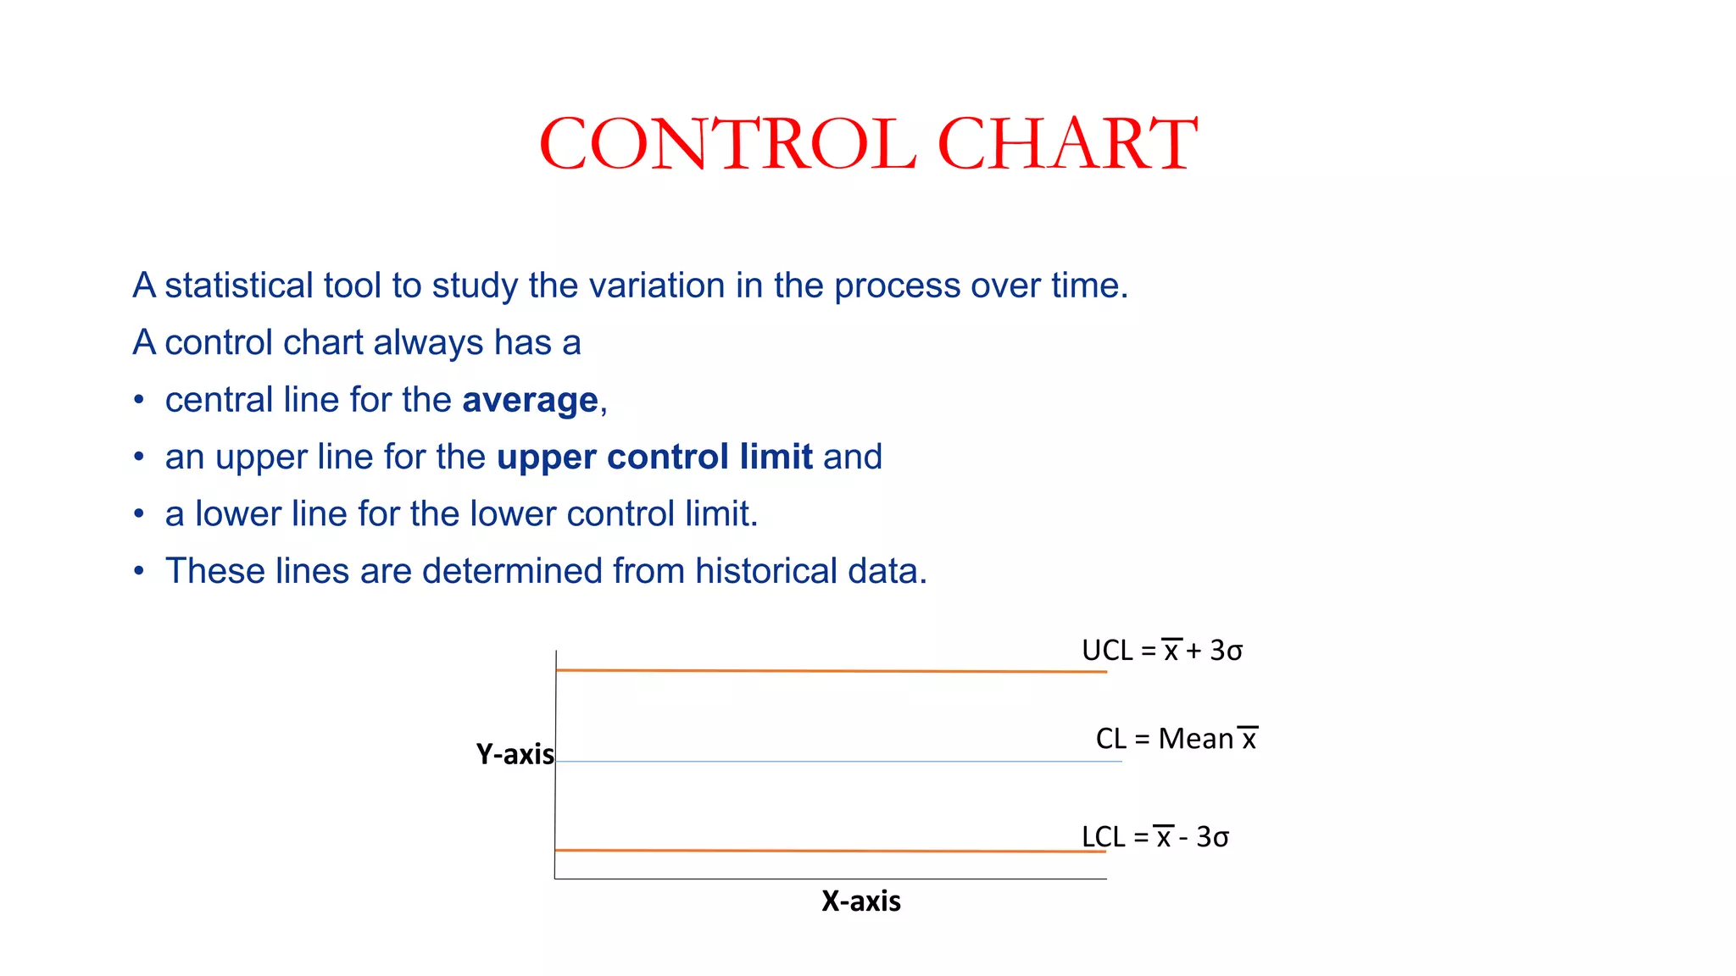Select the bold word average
[x=530, y=401]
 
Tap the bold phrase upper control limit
[x=654, y=457]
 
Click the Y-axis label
[x=515, y=754]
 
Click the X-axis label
[x=860, y=901]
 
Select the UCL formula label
[x=1161, y=651]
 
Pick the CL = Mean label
[x=1176, y=739]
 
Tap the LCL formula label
[x=1155, y=837]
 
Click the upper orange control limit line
[x=831, y=671]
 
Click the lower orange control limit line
[x=831, y=851]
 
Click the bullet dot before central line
[x=139, y=400]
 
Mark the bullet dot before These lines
[x=139, y=571]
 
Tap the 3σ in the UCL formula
[x=1226, y=651]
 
